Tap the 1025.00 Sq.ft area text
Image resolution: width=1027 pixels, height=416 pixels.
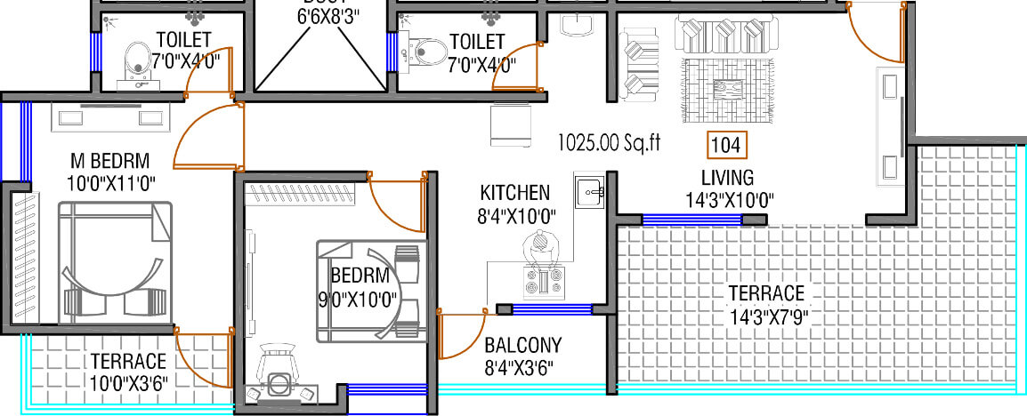pos(609,141)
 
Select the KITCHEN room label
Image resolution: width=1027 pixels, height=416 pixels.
pos(514,193)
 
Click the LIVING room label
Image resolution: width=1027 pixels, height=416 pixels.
pos(727,177)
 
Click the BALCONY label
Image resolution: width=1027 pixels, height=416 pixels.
pos(523,345)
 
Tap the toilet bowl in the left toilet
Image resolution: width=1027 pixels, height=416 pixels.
pos(137,60)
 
